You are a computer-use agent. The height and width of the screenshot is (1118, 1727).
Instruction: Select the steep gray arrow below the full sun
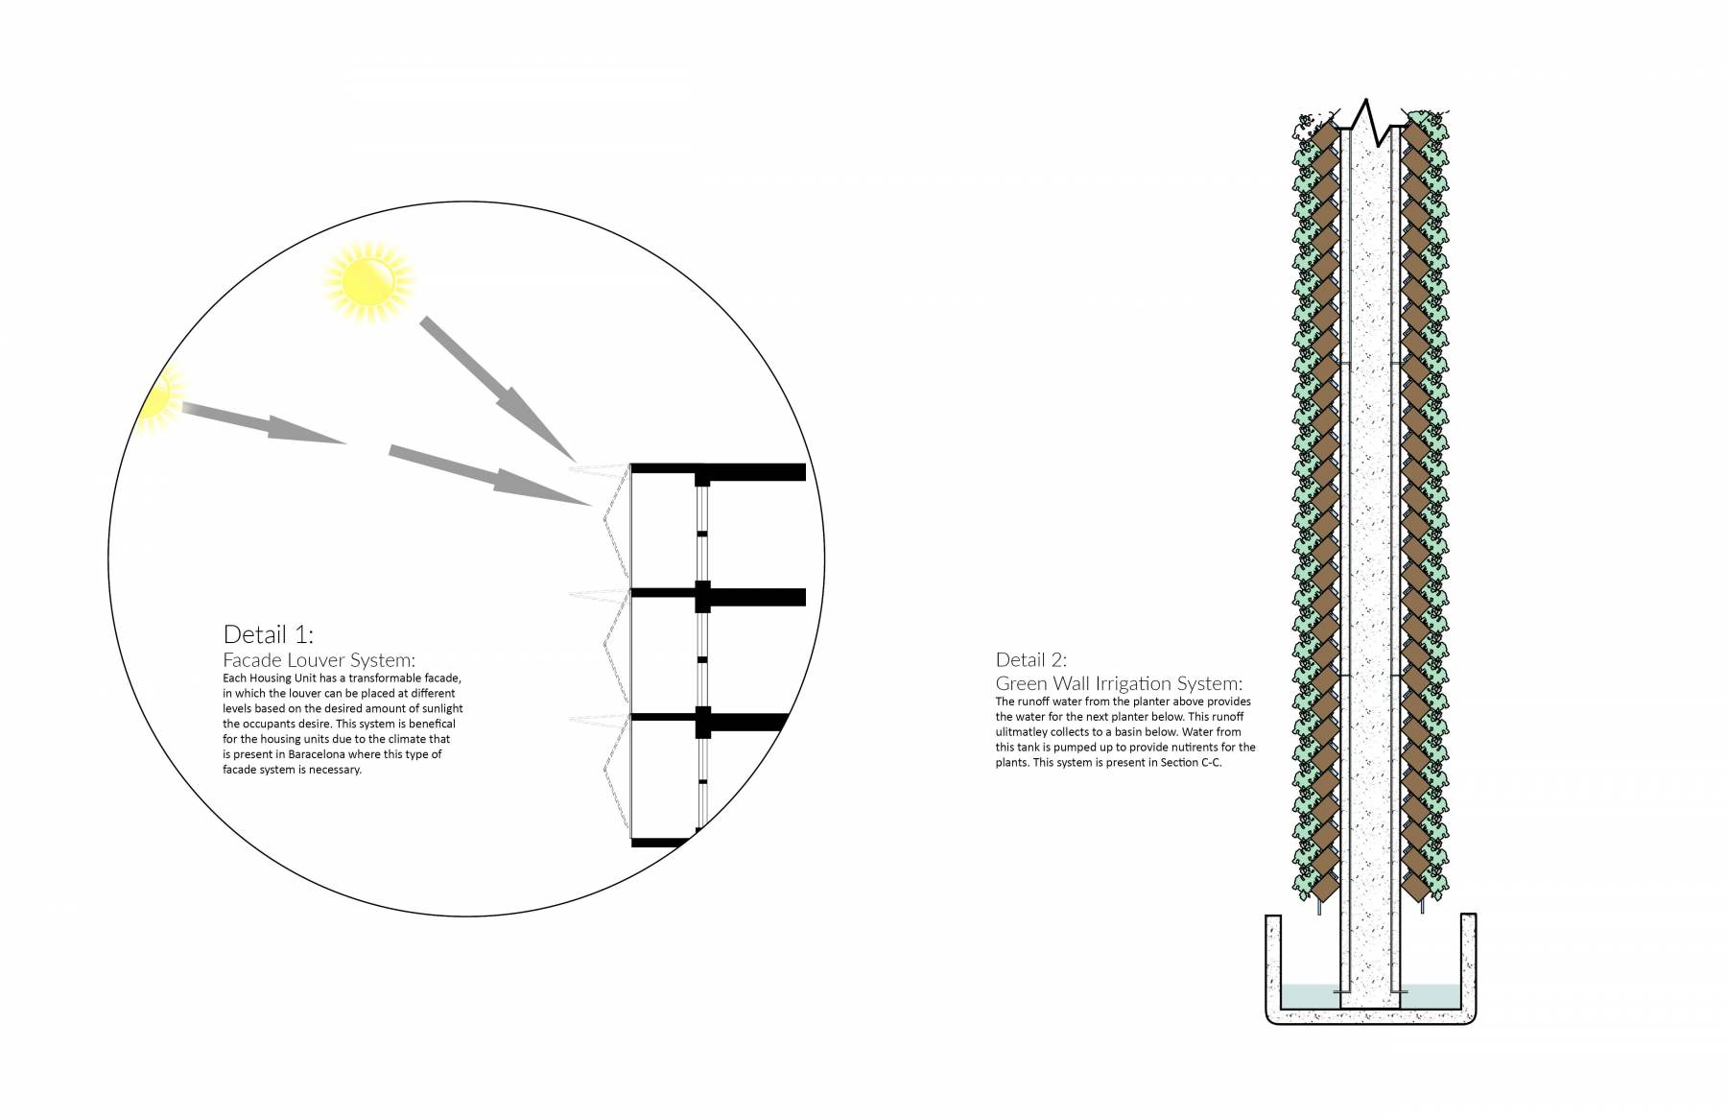[x=497, y=389]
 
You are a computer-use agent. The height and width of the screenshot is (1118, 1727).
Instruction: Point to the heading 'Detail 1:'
[x=269, y=634]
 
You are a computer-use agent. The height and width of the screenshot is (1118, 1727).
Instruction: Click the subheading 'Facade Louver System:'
[x=319, y=660]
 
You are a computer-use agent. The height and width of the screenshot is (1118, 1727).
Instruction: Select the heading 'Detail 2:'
[x=1031, y=659]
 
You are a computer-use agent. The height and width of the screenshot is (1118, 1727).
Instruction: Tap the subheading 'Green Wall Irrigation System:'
[x=1119, y=683]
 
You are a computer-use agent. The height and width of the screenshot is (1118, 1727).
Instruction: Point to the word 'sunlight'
[x=441, y=708]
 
